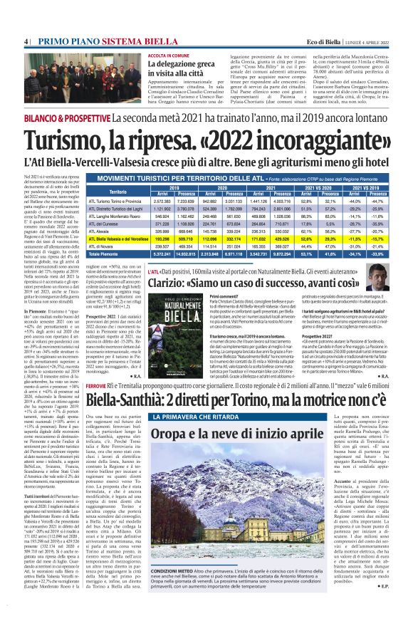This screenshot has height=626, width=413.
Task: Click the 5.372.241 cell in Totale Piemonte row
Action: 162,254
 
